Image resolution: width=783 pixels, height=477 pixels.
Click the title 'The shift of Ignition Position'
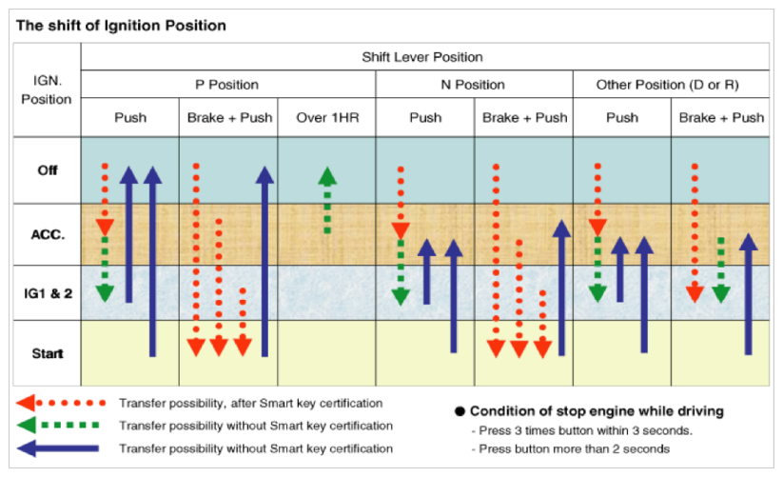pos(121,26)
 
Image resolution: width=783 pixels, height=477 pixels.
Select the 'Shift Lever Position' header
pos(422,57)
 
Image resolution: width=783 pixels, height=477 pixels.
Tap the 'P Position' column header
pos(226,85)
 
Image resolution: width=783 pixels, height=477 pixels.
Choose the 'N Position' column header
pos(473,85)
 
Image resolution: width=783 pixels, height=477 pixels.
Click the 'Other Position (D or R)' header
pos(668,85)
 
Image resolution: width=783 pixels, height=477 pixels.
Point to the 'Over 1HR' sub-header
pos(327,118)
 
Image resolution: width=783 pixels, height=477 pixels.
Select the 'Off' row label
pos(48,170)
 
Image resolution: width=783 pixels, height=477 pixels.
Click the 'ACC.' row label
pos(48,234)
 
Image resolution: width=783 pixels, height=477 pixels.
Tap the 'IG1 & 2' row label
pos(48,293)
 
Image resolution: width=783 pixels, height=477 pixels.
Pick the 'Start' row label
pos(48,353)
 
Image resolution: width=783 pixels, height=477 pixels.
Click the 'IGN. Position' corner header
pos(47,89)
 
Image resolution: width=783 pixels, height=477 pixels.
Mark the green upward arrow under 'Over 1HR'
pos(327,200)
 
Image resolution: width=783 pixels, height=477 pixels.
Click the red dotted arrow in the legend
pos(61,403)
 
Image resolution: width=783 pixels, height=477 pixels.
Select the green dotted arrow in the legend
pos(58,425)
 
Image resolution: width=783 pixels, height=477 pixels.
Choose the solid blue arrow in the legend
pos(58,448)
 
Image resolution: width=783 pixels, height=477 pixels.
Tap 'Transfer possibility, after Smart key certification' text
pos(250,404)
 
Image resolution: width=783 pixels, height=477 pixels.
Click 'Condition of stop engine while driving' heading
pos(597,411)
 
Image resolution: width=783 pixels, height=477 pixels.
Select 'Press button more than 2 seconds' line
pos(571,449)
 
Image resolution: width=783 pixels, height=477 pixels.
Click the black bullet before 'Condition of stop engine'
pos(460,411)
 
